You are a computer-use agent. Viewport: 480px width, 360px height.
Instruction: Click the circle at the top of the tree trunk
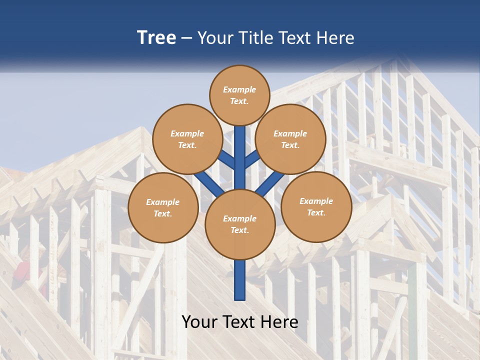point(239,95)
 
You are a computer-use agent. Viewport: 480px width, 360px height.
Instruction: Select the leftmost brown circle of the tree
point(163,208)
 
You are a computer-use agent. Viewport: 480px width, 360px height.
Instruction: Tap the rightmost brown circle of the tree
point(316,207)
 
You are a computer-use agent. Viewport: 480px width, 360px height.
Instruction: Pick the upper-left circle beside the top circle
point(187,139)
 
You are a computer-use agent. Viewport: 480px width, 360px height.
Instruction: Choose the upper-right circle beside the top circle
point(290,139)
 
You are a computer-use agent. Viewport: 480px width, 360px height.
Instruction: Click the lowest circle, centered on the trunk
point(240,224)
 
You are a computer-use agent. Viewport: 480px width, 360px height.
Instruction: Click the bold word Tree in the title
point(156,37)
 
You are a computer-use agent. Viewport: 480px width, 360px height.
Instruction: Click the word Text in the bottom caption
point(239,322)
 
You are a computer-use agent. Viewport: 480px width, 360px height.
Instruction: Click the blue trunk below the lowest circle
point(240,280)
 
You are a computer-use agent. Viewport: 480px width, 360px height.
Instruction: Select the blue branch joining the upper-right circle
point(251,159)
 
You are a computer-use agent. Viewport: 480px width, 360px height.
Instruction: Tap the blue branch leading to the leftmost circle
point(207,183)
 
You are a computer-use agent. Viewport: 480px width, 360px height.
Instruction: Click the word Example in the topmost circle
point(239,90)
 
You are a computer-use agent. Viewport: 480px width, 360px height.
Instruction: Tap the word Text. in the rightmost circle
point(316,213)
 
